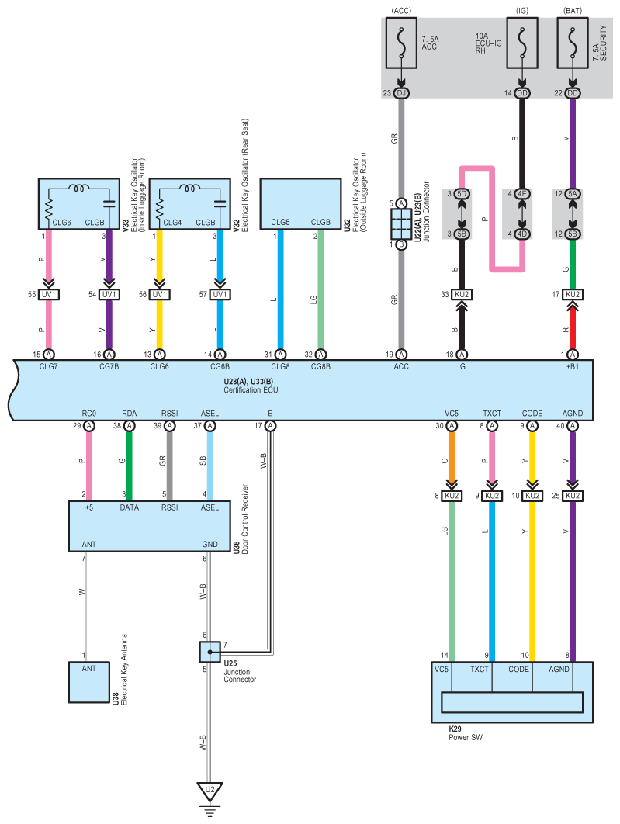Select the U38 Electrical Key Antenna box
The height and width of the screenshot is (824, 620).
(x=88, y=682)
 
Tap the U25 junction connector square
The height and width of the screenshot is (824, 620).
(x=210, y=653)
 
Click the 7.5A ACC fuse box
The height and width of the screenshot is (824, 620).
(x=401, y=43)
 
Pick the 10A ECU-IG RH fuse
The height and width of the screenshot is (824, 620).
(x=521, y=43)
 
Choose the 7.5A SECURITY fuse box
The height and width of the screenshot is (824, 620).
(x=573, y=43)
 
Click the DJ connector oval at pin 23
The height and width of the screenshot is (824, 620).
(x=401, y=93)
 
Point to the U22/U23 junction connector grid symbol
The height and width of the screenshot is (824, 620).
(x=401, y=224)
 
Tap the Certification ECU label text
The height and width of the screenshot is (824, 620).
(x=251, y=390)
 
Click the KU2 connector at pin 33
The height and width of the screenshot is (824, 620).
(x=462, y=294)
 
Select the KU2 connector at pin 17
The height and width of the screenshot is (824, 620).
(x=573, y=294)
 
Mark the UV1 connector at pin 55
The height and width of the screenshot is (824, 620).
(x=48, y=294)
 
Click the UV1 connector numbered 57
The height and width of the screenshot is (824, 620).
(x=220, y=294)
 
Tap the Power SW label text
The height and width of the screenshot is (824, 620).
(x=466, y=737)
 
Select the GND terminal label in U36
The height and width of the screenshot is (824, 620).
(x=210, y=545)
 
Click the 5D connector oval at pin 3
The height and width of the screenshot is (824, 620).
(x=462, y=194)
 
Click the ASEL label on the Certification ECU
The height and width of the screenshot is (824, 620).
(x=210, y=414)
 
